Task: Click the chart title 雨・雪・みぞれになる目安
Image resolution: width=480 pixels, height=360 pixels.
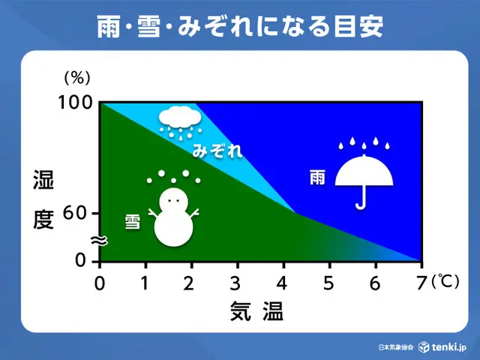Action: [240, 27]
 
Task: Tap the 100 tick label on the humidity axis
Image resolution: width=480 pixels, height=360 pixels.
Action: [75, 102]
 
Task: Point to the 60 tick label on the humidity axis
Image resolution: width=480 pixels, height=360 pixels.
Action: [75, 213]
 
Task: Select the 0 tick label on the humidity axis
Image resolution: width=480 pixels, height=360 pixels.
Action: [81, 260]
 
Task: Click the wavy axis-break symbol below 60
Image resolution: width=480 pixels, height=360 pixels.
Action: [100, 241]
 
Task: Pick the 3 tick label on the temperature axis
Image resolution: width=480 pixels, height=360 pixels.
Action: [235, 283]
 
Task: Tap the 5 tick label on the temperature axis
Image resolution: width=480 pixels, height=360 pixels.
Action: [328, 283]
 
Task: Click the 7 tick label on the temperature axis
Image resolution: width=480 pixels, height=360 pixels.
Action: [421, 283]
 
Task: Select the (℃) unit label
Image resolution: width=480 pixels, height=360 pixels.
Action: [445, 281]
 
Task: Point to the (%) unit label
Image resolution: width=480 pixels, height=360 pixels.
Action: [77, 78]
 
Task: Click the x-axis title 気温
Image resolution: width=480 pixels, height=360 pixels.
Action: [256, 311]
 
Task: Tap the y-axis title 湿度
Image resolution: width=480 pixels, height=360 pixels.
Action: [43, 199]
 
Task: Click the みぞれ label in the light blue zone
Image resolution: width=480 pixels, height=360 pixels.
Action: [217, 151]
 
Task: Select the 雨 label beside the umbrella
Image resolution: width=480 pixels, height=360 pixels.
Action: [317, 177]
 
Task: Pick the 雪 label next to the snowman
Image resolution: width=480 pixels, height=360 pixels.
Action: [133, 222]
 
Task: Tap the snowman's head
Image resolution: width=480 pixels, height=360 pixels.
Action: [173, 202]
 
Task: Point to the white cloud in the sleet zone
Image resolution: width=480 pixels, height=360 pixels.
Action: [180, 118]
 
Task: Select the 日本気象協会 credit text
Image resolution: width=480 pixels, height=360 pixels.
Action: [396, 347]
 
